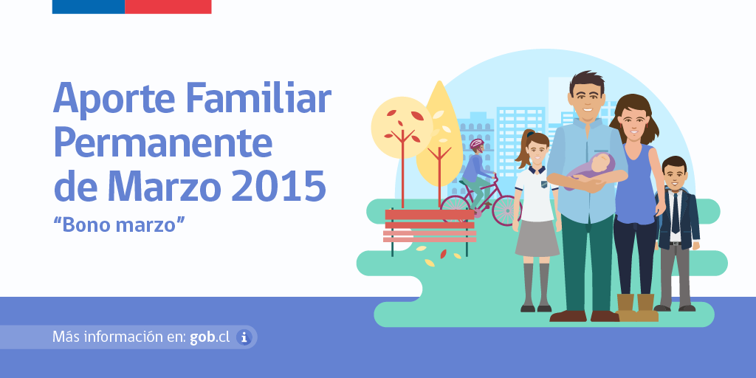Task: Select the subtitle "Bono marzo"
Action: pos(118,224)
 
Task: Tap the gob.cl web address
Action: pos(209,337)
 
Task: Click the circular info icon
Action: pos(244,337)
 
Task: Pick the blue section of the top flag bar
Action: pos(88,7)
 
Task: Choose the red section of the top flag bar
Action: pos(168,7)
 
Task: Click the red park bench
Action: pos(430,225)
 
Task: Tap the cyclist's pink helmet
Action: pos(477,143)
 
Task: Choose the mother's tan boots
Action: pos(636,307)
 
